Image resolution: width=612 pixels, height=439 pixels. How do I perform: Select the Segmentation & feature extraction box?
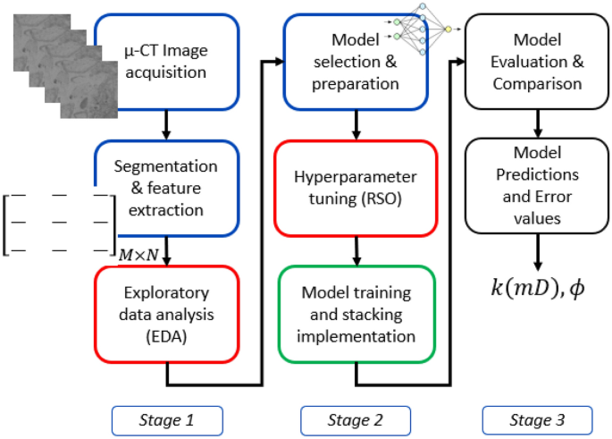click(x=167, y=189)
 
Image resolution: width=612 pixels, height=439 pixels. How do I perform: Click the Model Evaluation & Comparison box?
click(x=537, y=62)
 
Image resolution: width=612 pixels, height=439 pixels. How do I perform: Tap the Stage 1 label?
click(x=167, y=418)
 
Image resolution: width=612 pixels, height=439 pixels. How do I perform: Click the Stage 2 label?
click(x=356, y=418)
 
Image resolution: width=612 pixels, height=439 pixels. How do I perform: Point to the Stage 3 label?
click(x=537, y=418)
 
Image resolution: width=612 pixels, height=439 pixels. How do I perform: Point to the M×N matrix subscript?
click(x=138, y=254)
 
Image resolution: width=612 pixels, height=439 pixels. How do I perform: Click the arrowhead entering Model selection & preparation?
click(x=279, y=62)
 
